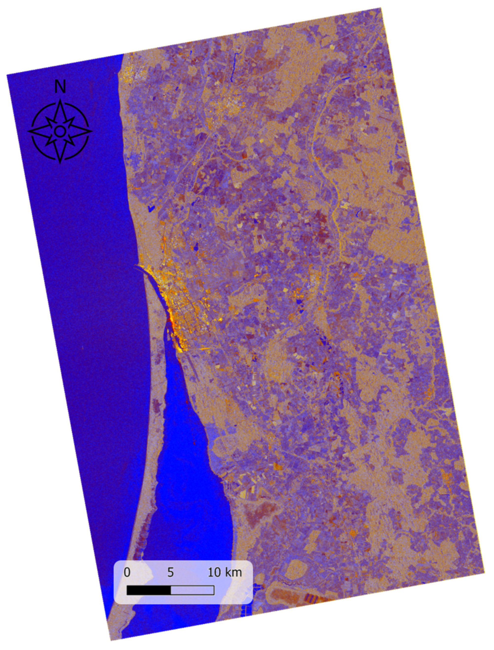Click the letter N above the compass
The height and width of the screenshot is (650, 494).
click(60, 87)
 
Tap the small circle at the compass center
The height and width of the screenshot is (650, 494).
click(60, 131)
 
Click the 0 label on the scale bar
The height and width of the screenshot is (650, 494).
click(127, 572)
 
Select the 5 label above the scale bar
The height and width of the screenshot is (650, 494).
click(170, 572)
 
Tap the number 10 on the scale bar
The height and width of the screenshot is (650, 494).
click(214, 572)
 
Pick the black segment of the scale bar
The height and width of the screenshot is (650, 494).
click(149, 590)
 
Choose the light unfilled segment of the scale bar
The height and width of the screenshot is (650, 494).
click(192, 590)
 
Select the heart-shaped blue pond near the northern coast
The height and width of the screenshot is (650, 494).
click(151, 209)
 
